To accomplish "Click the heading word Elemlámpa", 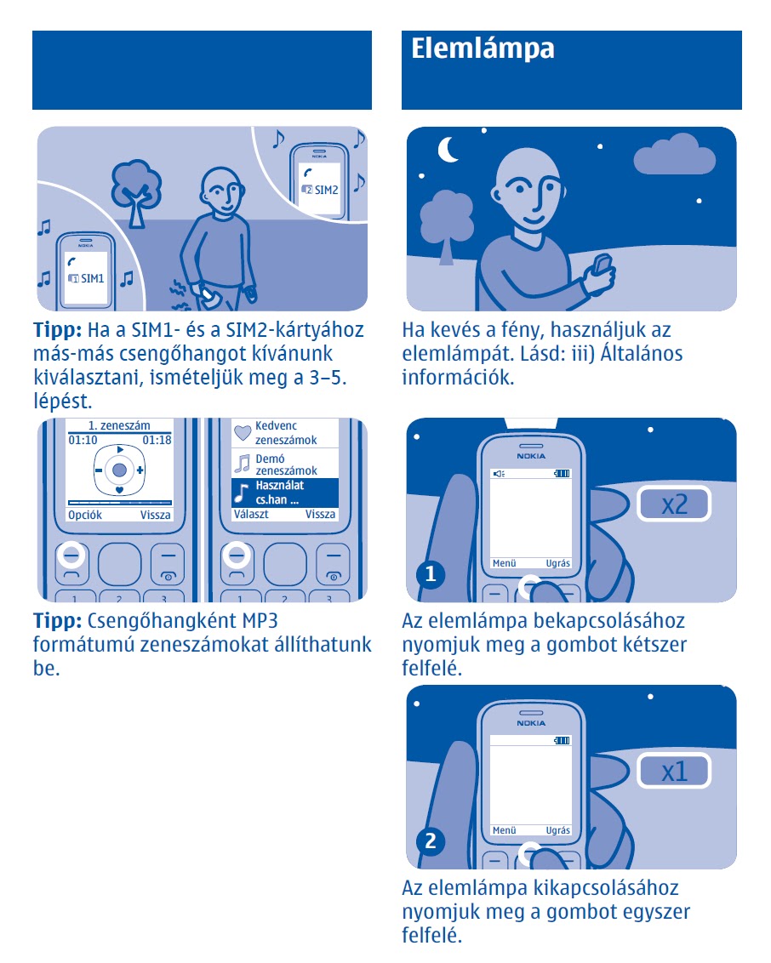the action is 483,48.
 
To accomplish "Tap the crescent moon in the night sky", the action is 447,149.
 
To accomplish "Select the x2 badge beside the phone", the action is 674,504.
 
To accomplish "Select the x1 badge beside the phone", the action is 674,771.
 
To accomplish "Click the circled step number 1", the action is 431,574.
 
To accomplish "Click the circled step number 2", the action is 431,840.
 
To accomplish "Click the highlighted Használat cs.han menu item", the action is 285,493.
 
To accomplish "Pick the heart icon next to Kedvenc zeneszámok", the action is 243,432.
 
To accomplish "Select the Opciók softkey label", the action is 85,515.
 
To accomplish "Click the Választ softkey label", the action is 251,514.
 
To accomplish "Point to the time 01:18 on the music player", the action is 157,440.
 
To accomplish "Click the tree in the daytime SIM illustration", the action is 136,191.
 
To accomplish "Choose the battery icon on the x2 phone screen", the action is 562,474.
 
